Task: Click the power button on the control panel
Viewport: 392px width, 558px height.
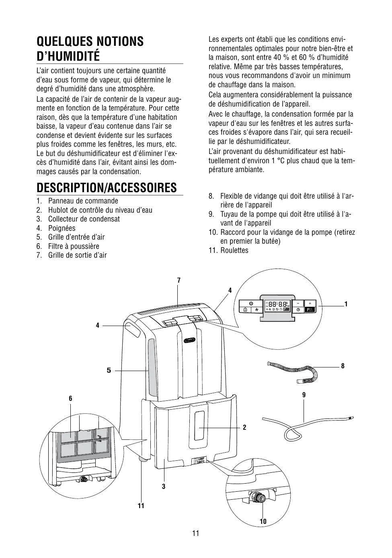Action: (251, 303)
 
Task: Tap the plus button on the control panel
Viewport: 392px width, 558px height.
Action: (310, 303)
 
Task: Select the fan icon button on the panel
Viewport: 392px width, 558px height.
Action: (256, 310)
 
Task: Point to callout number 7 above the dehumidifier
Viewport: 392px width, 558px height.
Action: (179, 280)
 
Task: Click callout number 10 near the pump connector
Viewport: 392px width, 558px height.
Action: (263, 522)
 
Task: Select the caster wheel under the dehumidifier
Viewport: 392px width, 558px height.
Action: (142, 459)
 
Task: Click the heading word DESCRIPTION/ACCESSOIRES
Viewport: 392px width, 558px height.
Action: (106, 188)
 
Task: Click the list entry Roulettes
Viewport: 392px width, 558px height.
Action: (234, 250)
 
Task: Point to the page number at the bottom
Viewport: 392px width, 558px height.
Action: (196, 534)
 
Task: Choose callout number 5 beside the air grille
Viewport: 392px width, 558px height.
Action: (109, 370)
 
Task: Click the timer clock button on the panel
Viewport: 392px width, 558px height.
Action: (298, 310)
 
